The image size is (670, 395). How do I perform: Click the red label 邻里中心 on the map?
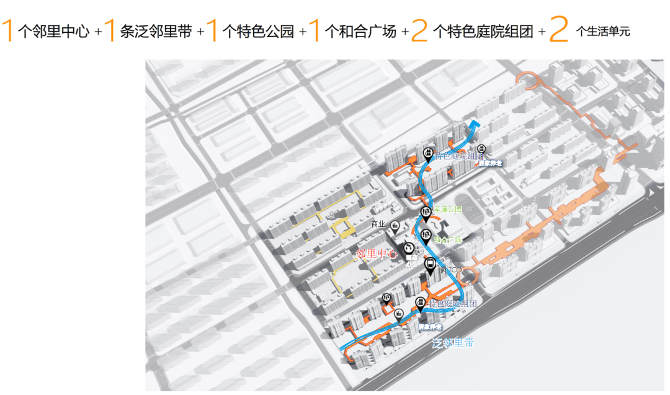click(x=376, y=254)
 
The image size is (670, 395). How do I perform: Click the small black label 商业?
click(x=378, y=224)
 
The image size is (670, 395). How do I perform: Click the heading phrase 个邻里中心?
click(x=53, y=31)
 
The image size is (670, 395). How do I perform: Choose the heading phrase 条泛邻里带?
click(x=155, y=31)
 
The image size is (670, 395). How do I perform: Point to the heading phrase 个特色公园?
click(x=257, y=31)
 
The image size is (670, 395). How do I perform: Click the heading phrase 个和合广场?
click(x=360, y=31)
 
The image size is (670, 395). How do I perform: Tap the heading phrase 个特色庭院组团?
click(x=483, y=31)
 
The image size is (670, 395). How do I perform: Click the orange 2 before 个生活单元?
click(x=559, y=30)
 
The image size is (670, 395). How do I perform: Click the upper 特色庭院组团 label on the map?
click(x=458, y=156)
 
